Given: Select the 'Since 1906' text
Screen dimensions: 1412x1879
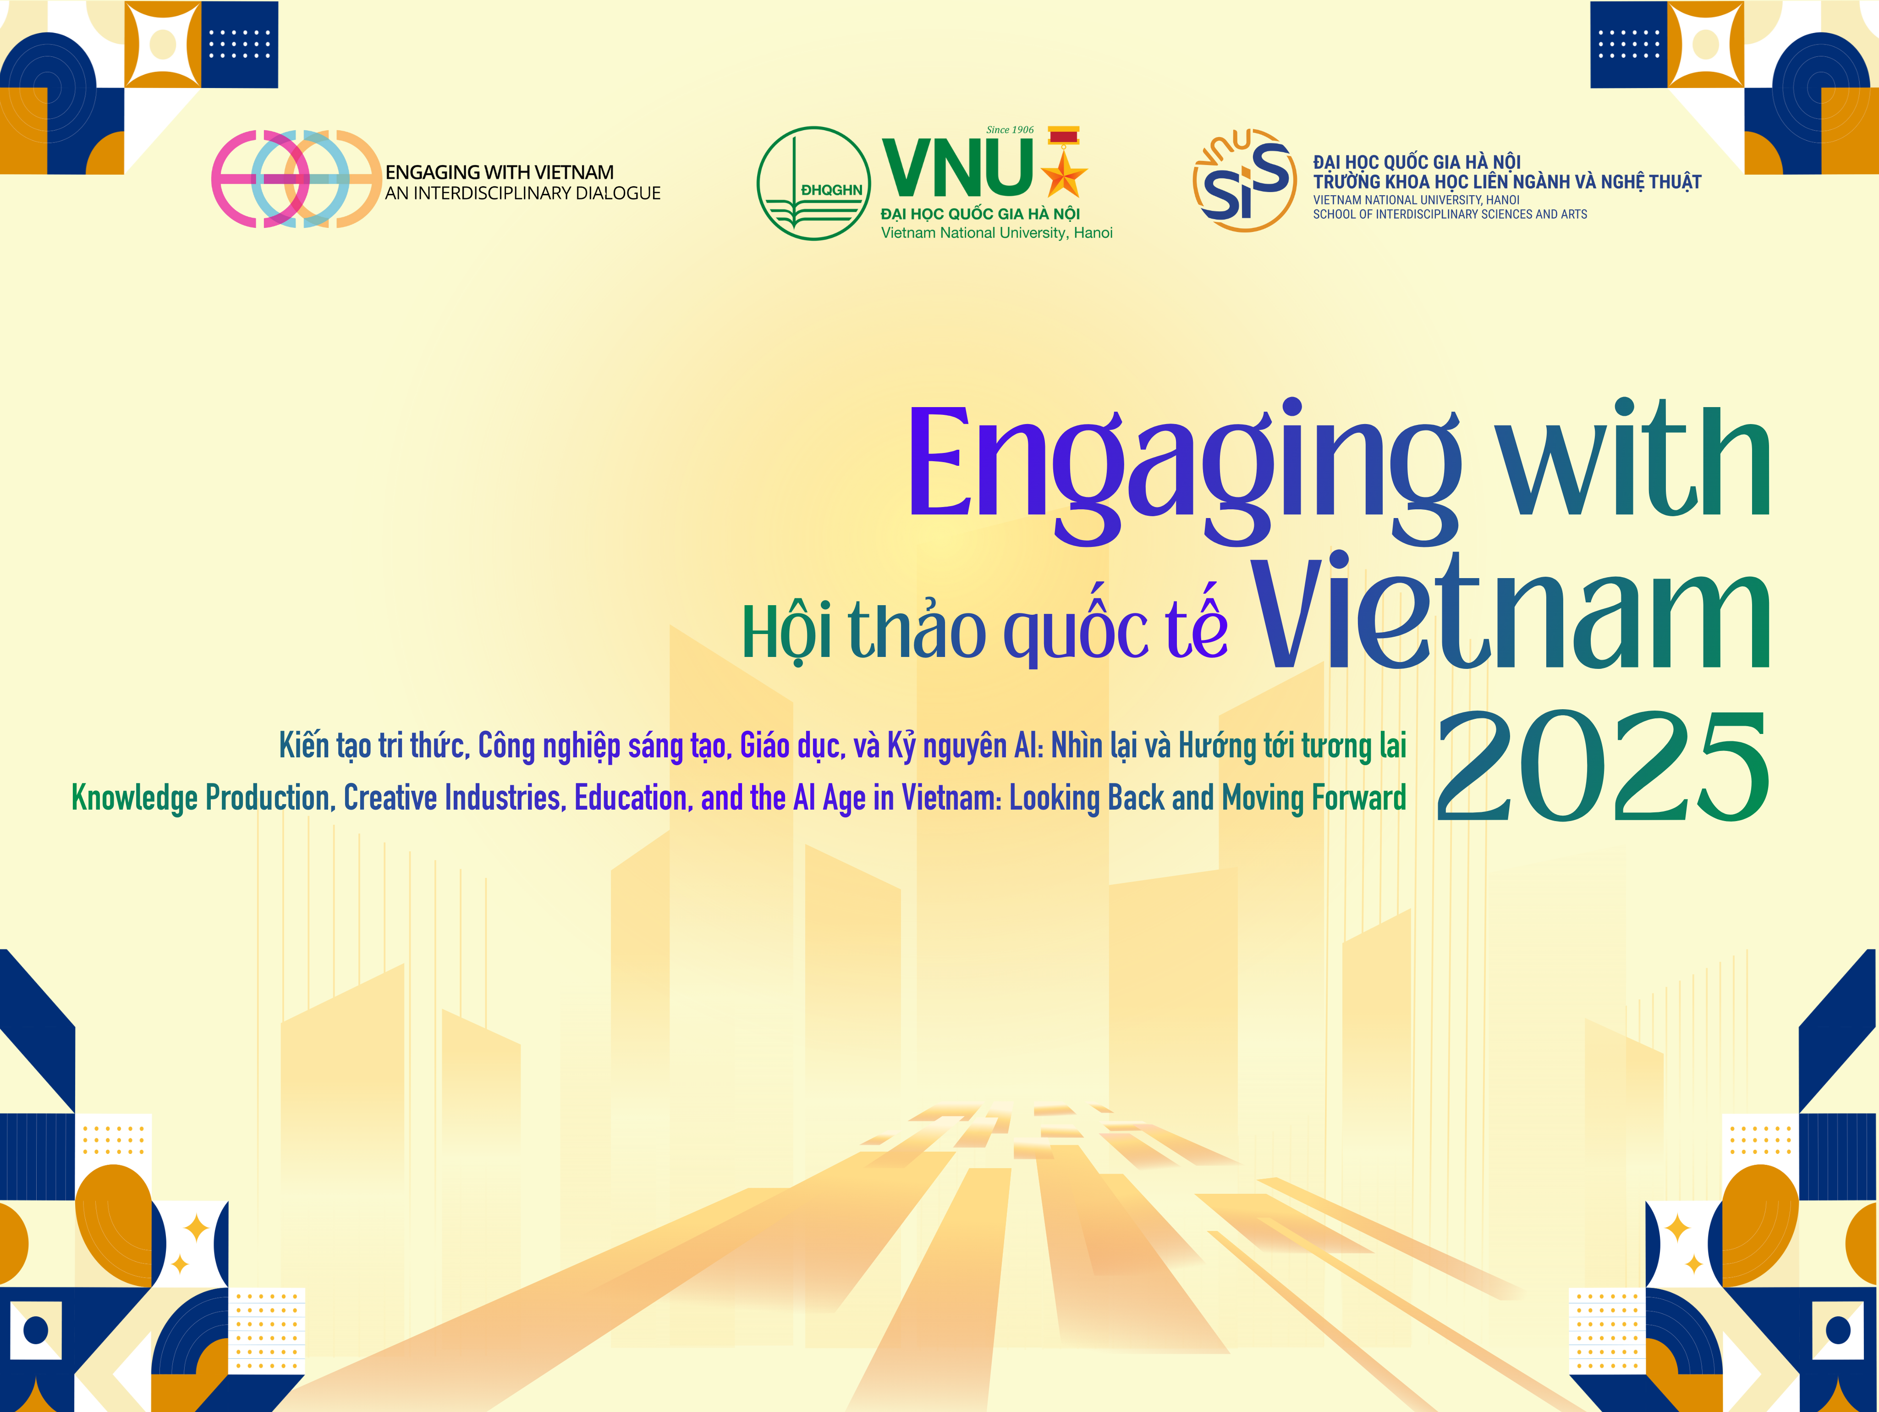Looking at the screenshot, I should pyautogui.click(x=1010, y=130).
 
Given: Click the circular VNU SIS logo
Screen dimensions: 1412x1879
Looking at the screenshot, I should pyautogui.click(x=1244, y=180).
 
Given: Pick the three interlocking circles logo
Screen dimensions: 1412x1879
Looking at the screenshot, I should pyautogui.click(x=296, y=179).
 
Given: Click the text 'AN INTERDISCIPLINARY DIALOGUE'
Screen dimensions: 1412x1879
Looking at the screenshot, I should pyautogui.click(x=522, y=194).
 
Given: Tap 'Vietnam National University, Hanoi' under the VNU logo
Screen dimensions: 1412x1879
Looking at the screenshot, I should pyautogui.click(x=996, y=233).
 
